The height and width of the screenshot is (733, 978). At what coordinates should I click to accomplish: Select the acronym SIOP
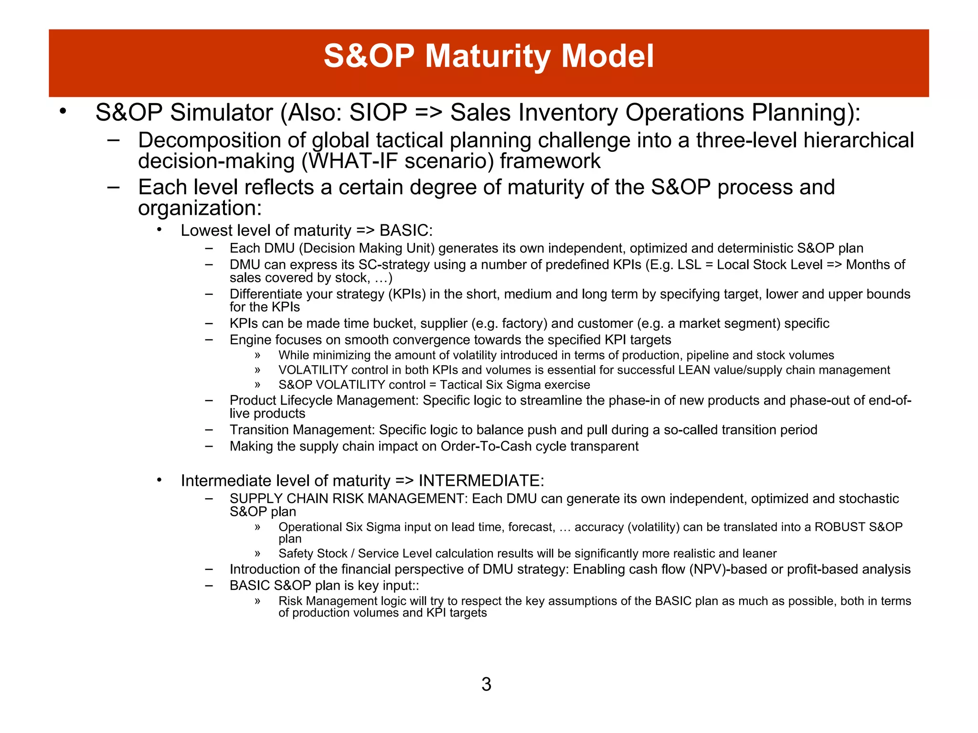coord(378,113)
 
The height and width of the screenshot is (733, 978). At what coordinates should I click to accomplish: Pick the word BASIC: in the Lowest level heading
coord(406,230)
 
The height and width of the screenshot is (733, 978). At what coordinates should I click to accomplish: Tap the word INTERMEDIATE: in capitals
coord(481,481)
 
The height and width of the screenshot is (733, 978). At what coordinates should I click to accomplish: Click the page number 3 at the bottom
coord(486,684)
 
